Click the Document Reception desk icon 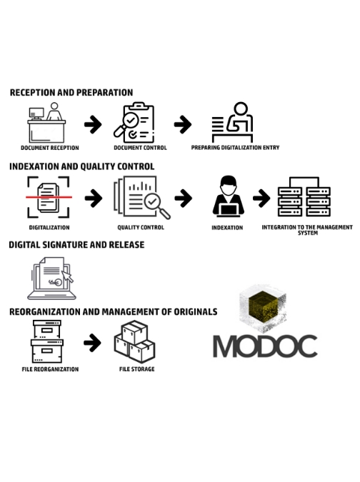click(x=46, y=123)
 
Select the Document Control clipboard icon click(x=134, y=122)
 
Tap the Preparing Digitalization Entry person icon click(x=232, y=122)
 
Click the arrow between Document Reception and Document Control click(x=93, y=124)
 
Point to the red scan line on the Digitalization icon click(x=49, y=197)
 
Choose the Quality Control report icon click(x=141, y=197)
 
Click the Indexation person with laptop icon click(x=228, y=196)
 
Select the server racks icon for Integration click(x=304, y=197)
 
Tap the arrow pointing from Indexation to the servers click(x=261, y=199)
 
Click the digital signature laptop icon click(x=51, y=278)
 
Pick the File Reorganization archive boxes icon click(x=47, y=341)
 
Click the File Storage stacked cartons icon click(x=135, y=341)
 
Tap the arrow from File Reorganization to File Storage click(x=92, y=343)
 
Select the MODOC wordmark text click(x=265, y=346)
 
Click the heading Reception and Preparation click(x=71, y=93)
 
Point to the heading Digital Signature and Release click(x=76, y=245)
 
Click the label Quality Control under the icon click(x=141, y=228)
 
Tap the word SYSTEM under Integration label click(x=308, y=233)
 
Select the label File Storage click(x=137, y=369)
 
